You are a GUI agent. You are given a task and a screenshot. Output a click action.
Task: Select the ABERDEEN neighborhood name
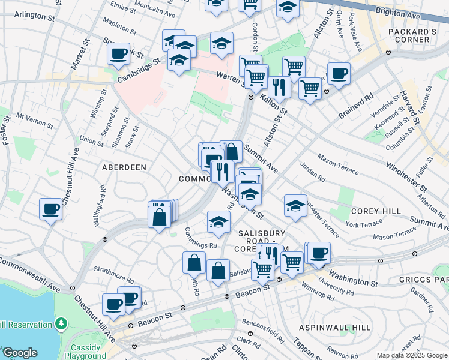(124, 167)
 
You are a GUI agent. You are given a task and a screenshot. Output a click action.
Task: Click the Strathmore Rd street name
(114, 278)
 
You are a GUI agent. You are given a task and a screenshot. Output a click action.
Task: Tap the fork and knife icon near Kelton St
(279, 87)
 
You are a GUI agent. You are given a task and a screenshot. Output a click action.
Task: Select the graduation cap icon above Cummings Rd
(218, 222)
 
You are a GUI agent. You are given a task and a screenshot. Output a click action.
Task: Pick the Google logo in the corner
(19, 353)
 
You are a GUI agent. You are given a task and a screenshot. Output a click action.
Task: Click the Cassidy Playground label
(85, 352)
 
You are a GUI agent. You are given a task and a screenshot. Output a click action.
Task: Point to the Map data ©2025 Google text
(412, 355)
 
